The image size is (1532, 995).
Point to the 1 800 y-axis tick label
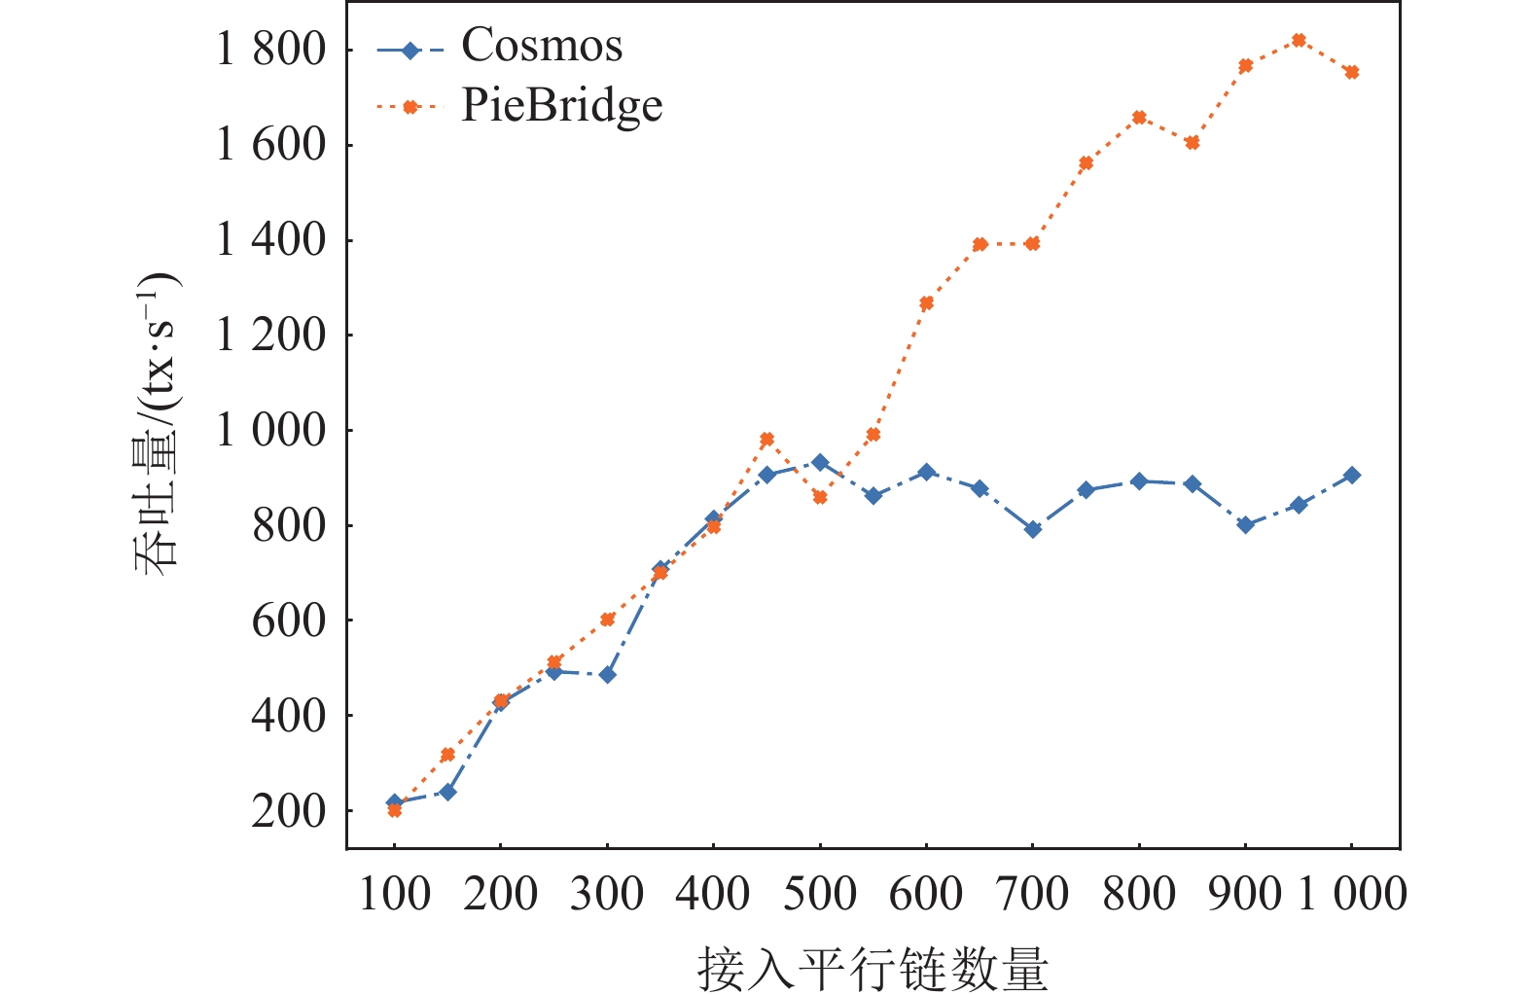click(269, 49)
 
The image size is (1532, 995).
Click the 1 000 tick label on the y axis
click(269, 430)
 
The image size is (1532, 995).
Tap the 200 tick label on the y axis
click(288, 810)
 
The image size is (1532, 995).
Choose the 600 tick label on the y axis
click(288, 621)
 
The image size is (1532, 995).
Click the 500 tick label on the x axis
click(819, 894)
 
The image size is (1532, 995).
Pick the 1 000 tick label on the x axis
click(1352, 894)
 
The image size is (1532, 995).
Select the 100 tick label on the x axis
click(394, 894)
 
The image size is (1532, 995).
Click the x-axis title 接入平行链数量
click(873, 969)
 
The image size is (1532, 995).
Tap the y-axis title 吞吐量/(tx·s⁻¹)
click(157, 423)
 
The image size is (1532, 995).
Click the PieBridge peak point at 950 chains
click(1299, 40)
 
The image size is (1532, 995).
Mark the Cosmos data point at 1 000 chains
click(1352, 476)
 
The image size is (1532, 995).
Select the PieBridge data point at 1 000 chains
click(1352, 72)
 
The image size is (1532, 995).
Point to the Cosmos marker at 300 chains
click(607, 675)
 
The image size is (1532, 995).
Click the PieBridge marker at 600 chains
click(926, 303)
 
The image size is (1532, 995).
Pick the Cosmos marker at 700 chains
click(1033, 529)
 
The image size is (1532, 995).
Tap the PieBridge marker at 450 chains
click(766, 440)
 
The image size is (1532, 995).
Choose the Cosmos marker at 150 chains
click(447, 792)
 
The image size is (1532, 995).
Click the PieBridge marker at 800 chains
click(1139, 118)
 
